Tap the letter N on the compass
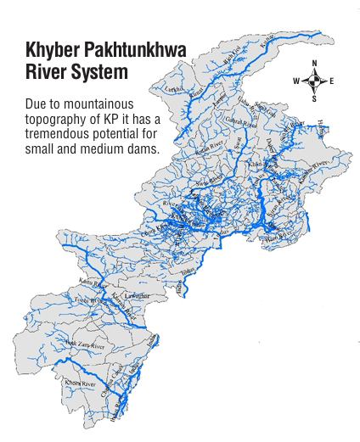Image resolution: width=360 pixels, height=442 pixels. point(314,64)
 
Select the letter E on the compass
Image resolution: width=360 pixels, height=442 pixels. point(331,81)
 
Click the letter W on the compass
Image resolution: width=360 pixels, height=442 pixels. point(296,81)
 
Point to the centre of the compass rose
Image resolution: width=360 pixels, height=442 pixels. point(314,81)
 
